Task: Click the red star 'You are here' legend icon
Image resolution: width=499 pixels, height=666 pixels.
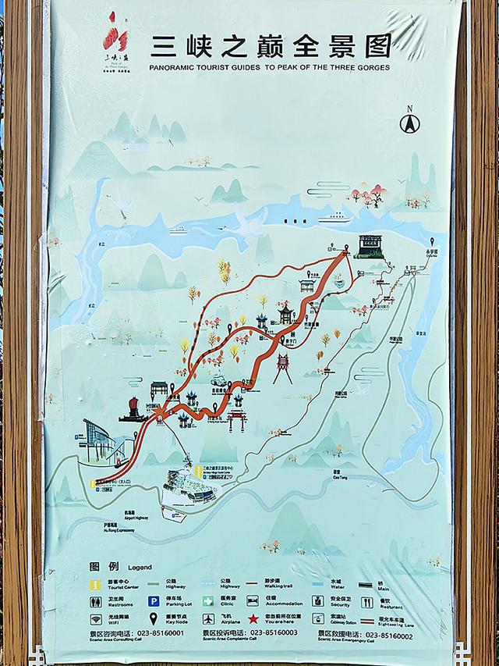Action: coord(253,618)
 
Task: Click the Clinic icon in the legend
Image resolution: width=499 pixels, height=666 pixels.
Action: coord(208,601)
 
